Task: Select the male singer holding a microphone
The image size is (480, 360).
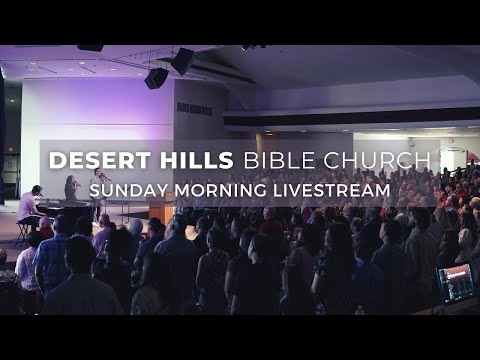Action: coord(100,185)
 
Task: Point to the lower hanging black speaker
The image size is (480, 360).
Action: coord(156,78)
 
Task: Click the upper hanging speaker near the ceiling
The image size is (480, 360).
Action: coord(182,61)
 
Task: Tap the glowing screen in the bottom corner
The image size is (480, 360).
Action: coord(456,283)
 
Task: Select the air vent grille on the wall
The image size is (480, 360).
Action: coord(194,108)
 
